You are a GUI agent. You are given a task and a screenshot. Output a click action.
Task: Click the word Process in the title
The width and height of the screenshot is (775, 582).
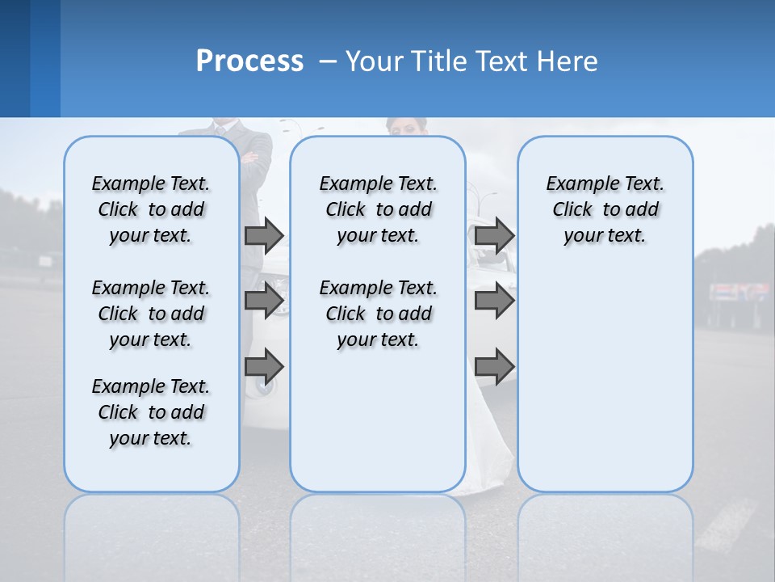(249, 61)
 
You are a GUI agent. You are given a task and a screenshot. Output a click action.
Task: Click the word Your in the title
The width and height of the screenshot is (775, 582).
(375, 61)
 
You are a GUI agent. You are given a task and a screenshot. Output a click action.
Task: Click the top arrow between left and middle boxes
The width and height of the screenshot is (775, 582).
(264, 235)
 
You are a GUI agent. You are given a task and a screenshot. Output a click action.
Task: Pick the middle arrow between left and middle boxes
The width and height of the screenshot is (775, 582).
(264, 301)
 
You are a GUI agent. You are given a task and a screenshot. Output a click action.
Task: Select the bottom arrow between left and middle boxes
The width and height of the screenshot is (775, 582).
(264, 366)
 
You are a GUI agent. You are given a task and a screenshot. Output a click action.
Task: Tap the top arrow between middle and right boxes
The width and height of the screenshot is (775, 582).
(494, 235)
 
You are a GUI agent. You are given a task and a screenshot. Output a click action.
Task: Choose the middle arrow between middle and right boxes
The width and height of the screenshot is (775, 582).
(494, 301)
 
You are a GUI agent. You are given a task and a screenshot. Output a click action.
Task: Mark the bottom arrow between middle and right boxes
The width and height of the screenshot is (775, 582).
(494, 366)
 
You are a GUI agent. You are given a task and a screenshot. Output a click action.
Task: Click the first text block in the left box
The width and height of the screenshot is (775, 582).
(151, 209)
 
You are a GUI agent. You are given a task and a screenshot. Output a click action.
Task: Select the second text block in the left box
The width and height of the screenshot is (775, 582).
(151, 314)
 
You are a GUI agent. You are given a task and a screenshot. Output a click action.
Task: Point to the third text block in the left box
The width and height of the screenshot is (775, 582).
(151, 412)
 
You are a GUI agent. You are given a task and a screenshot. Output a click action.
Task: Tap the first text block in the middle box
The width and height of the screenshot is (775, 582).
(378, 209)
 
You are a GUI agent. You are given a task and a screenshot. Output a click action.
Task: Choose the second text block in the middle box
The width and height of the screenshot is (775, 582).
(378, 314)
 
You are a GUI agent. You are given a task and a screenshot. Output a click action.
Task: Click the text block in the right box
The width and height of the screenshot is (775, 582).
(605, 209)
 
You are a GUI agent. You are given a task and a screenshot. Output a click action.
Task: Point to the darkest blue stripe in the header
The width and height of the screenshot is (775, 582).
(15, 58)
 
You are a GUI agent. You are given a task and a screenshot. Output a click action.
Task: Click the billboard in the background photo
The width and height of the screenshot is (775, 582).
(739, 292)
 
